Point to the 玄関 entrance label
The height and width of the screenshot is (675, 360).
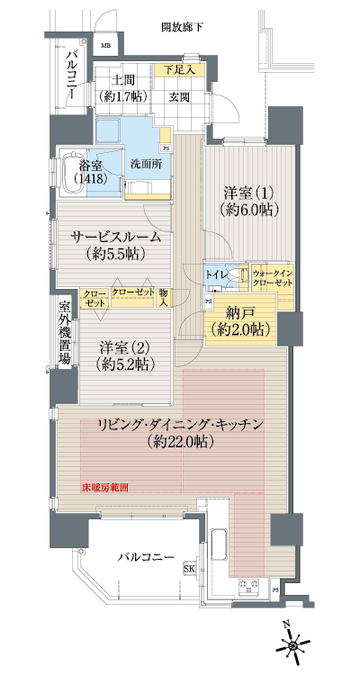(178, 96)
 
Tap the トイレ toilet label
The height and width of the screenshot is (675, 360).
(216, 272)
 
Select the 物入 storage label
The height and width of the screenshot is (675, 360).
(163, 296)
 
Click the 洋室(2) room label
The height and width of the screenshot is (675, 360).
(125, 355)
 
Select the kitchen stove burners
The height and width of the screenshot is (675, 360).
(248, 589)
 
